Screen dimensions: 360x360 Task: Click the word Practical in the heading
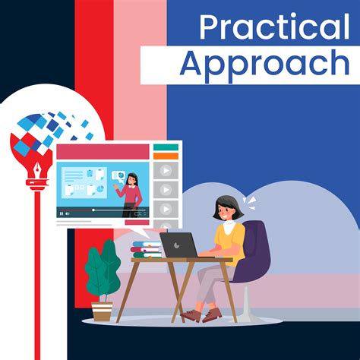click(x=274, y=28)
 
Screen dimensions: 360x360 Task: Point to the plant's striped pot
click(x=103, y=311)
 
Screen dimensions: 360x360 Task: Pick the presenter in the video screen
click(x=134, y=190)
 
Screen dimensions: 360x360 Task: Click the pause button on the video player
click(x=62, y=213)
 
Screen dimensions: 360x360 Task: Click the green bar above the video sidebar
click(x=166, y=147)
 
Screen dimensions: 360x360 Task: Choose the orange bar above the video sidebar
click(x=166, y=156)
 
